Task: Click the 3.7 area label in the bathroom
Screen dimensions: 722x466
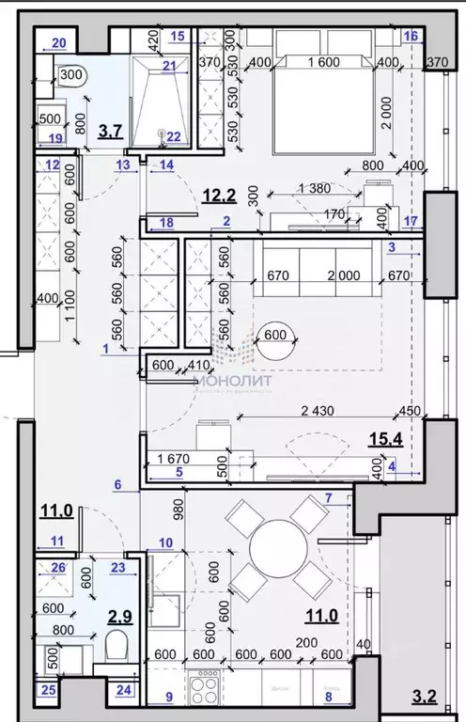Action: click(x=110, y=132)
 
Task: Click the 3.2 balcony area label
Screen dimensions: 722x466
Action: click(x=425, y=697)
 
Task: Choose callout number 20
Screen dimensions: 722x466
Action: click(x=58, y=42)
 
